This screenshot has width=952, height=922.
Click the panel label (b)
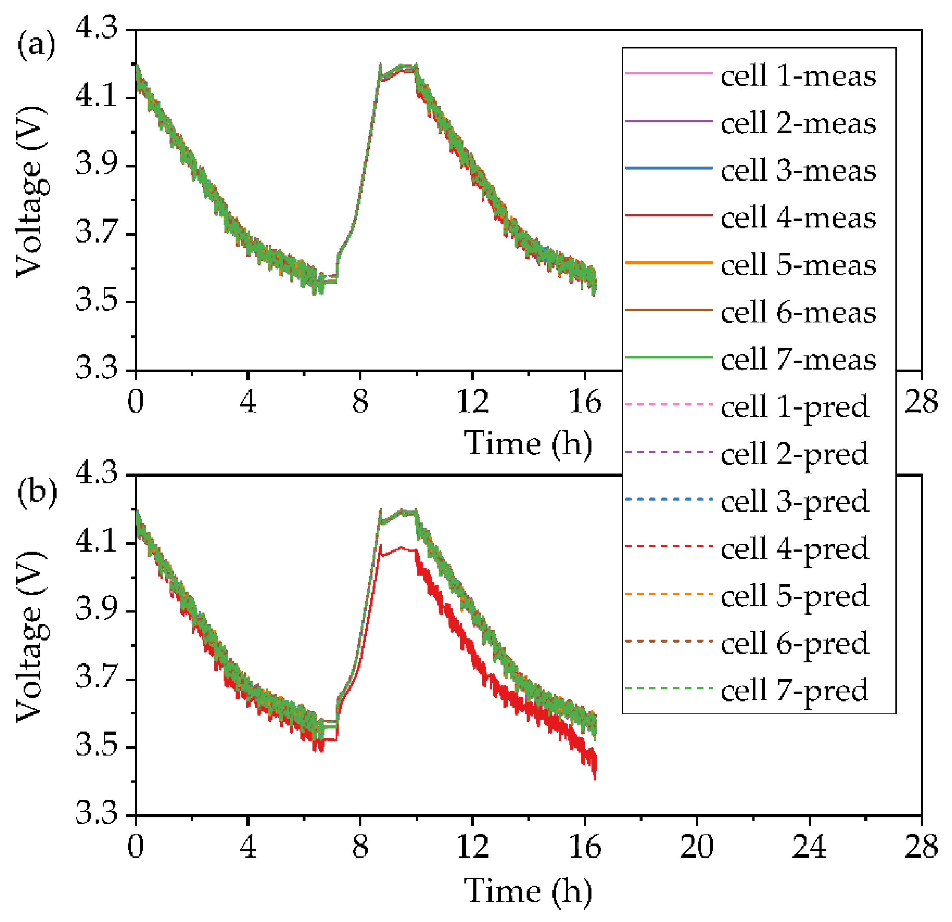(37, 491)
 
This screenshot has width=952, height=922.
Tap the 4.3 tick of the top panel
(97, 29)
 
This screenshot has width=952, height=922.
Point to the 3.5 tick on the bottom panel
(97, 747)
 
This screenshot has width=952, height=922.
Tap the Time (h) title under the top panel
(529, 443)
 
